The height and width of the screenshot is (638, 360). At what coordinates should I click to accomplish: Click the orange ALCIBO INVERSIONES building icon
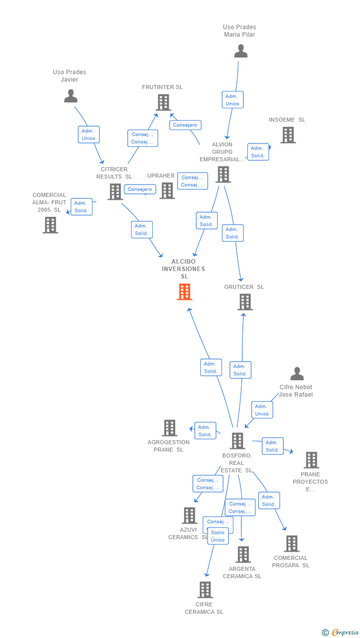pyautogui.click(x=184, y=292)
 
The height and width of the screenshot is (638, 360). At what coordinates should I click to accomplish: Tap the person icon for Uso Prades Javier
pyautogui.click(x=71, y=96)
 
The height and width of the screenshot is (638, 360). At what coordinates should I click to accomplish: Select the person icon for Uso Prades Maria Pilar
pyautogui.click(x=241, y=51)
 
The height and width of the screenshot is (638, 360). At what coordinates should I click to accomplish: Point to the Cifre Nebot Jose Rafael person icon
pyautogui.click(x=297, y=373)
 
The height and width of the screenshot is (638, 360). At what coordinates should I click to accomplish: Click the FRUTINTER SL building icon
pyautogui.click(x=163, y=102)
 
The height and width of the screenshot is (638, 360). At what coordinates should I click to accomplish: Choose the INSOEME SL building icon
pyautogui.click(x=288, y=135)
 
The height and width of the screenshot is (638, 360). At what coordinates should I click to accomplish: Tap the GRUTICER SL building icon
pyautogui.click(x=245, y=302)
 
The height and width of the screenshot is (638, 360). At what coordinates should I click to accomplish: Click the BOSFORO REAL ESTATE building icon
pyautogui.click(x=237, y=441)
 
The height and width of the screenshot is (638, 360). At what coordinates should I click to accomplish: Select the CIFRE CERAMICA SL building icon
pyautogui.click(x=205, y=590)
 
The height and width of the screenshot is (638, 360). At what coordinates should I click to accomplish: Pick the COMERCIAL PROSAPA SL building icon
pyautogui.click(x=292, y=544)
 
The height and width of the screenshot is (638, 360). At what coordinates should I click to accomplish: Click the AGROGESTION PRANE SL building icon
pyautogui.click(x=170, y=428)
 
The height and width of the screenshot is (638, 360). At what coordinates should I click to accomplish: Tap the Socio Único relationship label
pyautogui.click(x=218, y=536)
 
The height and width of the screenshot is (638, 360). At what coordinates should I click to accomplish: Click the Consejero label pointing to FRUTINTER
pyautogui.click(x=185, y=125)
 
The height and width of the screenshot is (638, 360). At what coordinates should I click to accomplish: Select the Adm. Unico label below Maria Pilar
pyautogui.click(x=232, y=100)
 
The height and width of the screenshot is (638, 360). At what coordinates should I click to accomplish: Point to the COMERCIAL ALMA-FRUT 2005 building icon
pyautogui.click(x=50, y=225)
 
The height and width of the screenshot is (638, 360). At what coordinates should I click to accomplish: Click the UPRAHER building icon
pyautogui.click(x=167, y=191)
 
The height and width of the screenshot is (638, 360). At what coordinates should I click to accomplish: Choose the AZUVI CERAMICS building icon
pyautogui.click(x=189, y=515)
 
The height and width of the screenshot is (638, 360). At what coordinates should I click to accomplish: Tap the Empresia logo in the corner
pyautogui.click(x=341, y=632)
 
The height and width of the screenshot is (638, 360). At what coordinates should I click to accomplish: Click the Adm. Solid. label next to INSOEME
pyautogui.click(x=258, y=152)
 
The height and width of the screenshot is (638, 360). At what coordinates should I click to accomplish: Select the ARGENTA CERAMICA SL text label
pyautogui.click(x=242, y=572)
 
